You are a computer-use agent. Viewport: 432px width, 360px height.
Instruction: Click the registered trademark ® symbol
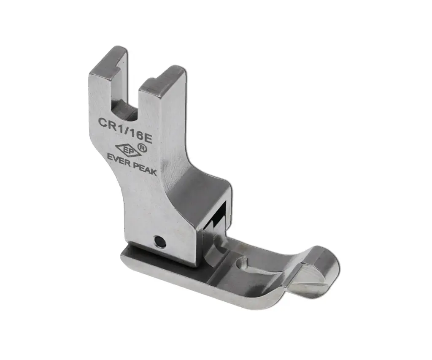click(x=143, y=149)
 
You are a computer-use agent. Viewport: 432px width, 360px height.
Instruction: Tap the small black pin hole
click(x=159, y=242)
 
